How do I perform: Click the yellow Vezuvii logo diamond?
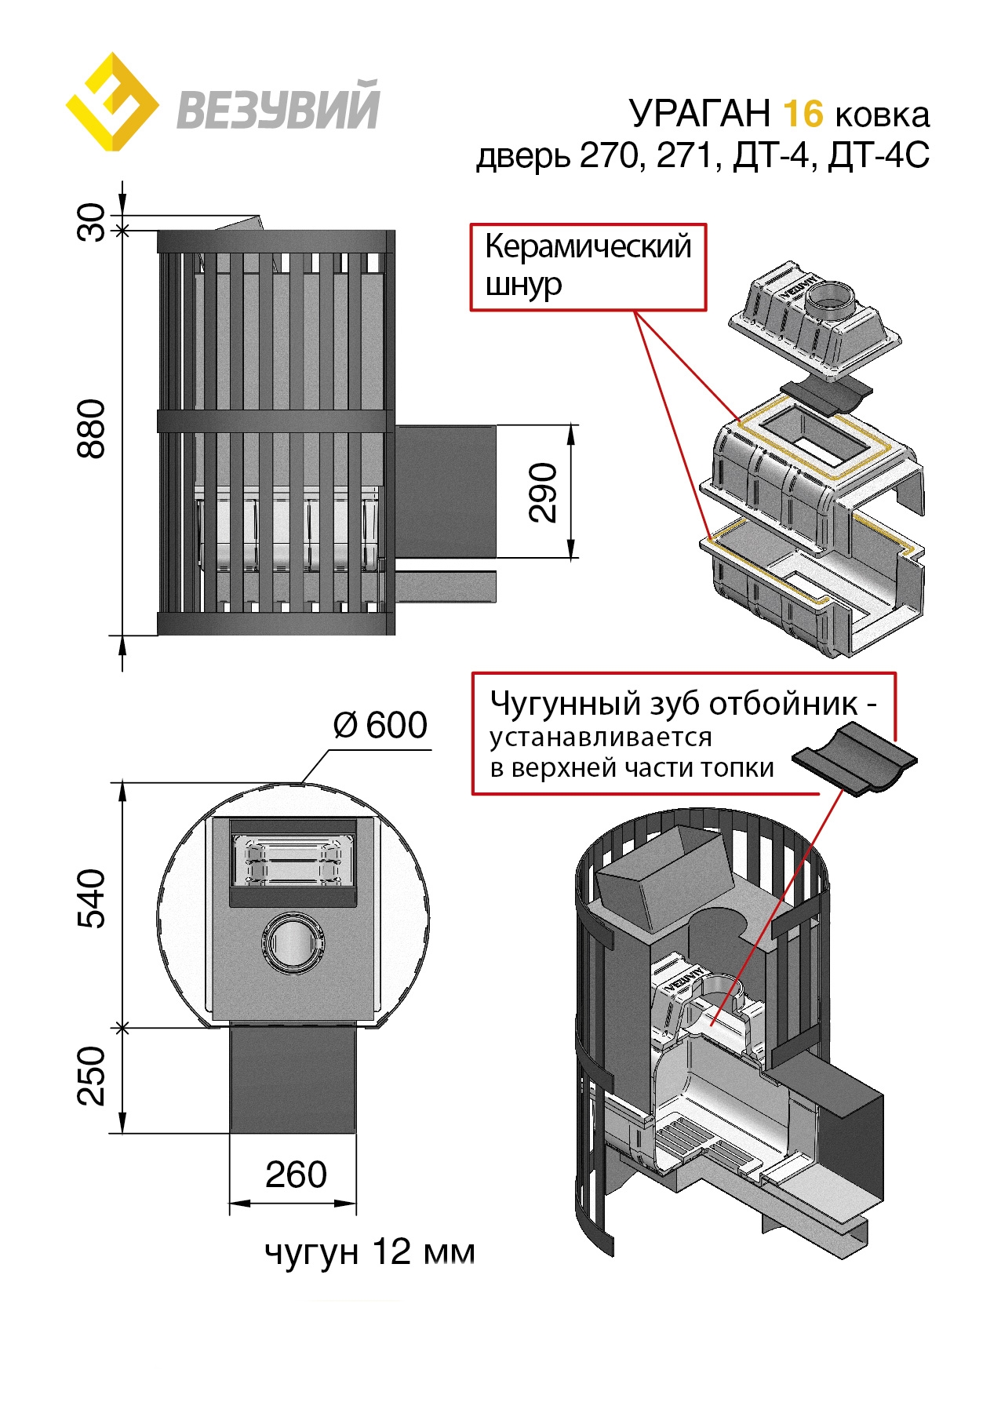[x=111, y=103]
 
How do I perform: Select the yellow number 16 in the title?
[x=803, y=114]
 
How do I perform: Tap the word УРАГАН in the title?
[x=700, y=114]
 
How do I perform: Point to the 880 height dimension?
[x=93, y=428]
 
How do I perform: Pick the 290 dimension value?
[x=543, y=492]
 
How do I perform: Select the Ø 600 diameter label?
[x=380, y=725]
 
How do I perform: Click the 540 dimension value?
[x=93, y=899]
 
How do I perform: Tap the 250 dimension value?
[x=93, y=1076]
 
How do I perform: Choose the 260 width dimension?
[x=296, y=1175]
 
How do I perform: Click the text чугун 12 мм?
[x=369, y=1252]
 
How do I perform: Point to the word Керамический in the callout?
[x=588, y=246]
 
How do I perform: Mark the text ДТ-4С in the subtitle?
[x=879, y=155]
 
